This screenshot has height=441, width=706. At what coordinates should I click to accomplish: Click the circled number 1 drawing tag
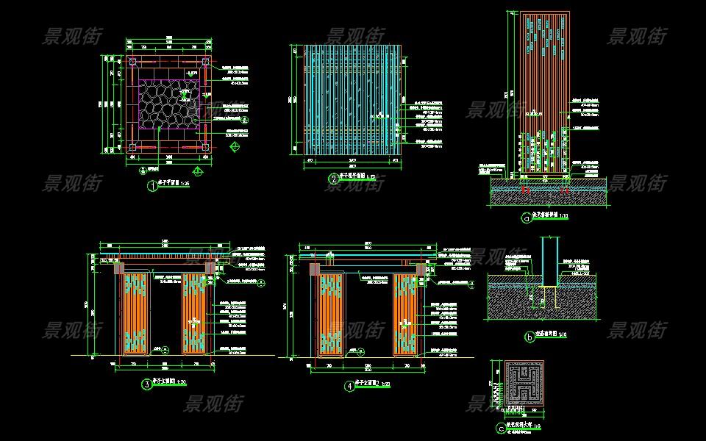point(152,186)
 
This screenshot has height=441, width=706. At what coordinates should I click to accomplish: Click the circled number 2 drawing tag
point(333,178)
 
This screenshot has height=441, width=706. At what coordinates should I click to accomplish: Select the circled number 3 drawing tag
point(146,383)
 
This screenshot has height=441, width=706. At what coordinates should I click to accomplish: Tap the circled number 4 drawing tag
point(348,385)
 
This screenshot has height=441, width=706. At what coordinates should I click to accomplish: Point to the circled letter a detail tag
point(526,218)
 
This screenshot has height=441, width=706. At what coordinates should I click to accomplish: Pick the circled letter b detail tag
point(529,337)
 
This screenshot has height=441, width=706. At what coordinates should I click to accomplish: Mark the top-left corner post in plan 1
point(133,62)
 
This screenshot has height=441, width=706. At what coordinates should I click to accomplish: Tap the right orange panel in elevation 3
point(195,314)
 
